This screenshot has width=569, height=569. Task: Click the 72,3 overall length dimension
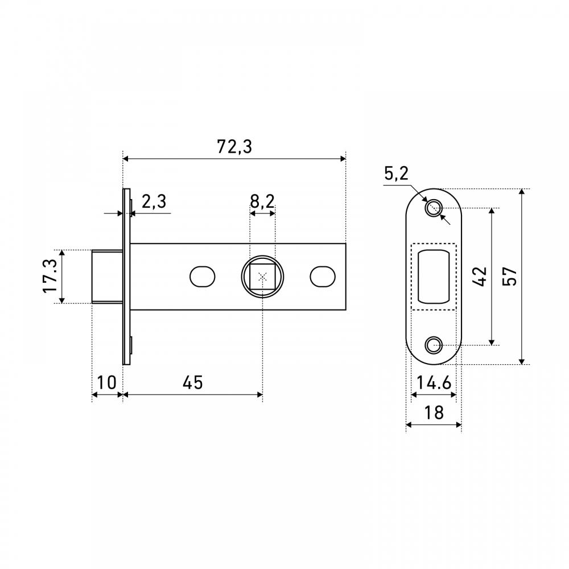pyautogui.click(x=234, y=147)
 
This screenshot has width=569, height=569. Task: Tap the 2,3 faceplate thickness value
pyautogui.click(x=154, y=201)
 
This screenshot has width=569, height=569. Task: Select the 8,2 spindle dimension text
pyautogui.click(x=262, y=201)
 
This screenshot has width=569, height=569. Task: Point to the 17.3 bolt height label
pyautogui.click(x=50, y=276)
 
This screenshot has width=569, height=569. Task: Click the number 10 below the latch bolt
pyautogui.click(x=107, y=382)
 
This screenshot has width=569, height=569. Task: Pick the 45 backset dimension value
pyautogui.click(x=193, y=382)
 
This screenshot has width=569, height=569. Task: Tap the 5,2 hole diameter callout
pyautogui.click(x=396, y=174)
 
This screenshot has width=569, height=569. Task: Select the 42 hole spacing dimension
pyautogui.click(x=480, y=277)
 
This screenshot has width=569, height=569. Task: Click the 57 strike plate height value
pyautogui.click(x=509, y=277)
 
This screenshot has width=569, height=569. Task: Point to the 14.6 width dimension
pyautogui.click(x=434, y=382)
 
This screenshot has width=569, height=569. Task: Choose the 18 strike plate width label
pyautogui.click(x=434, y=413)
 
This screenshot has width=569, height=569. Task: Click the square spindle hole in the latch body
pyautogui.click(x=262, y=277)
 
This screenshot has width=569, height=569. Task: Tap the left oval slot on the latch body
pyautogui.click(x=202, y=277)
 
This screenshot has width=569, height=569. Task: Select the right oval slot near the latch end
pyautogui.click(x=323, y=277)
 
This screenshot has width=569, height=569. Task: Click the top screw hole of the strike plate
pyautogui.click(x=433, y=208)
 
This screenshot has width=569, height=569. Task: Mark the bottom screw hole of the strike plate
pyautogui.click(x=433, y=345)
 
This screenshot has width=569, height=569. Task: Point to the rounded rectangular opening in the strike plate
pyautogui.click(x=434, y=277)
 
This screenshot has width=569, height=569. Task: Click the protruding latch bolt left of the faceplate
pyautogui.click(x=107, y=277)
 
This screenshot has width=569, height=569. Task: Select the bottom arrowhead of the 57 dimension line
pyautogui.click(x=521, y=361)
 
